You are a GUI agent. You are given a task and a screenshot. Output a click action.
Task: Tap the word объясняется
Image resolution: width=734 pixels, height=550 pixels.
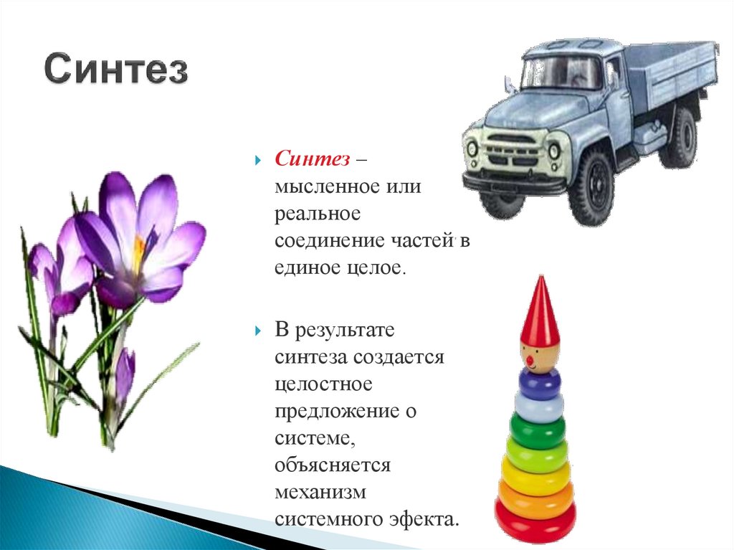point(332,465)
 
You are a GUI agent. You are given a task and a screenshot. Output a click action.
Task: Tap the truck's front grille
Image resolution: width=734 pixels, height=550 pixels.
point(512,151)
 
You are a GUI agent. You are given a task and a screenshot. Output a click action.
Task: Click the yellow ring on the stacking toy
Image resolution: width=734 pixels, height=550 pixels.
point(537,474)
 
